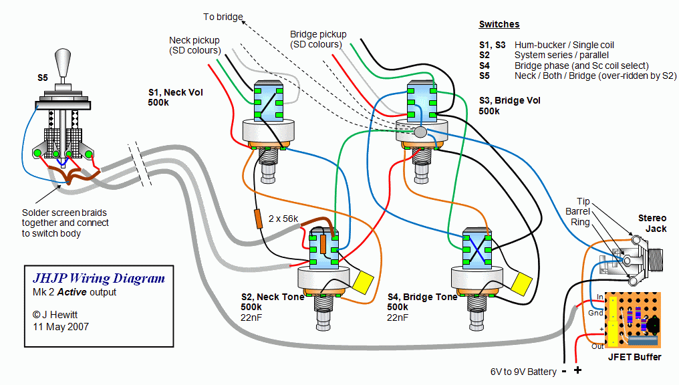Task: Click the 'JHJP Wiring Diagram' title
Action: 99,279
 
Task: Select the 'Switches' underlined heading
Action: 499,24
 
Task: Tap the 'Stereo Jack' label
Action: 652,223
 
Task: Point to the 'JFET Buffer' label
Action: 634,357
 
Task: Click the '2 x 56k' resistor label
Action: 284,219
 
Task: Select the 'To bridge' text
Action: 223,16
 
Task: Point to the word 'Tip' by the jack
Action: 583,201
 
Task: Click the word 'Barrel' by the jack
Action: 578,212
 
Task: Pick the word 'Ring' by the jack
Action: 581,222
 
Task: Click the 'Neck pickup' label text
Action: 194,40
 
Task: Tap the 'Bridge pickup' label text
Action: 318,34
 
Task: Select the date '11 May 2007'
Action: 61,327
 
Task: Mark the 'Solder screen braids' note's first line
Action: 63,213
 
